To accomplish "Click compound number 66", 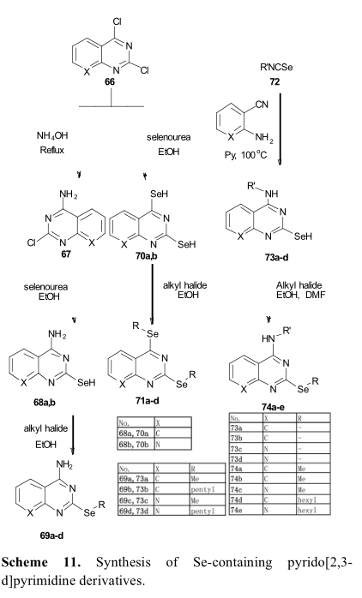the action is tap(110, 81).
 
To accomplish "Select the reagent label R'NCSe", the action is tap(276, 68).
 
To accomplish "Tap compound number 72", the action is tap(275, 81).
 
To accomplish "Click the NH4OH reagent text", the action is tap(52, 135).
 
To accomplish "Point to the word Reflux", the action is tap(52, 150).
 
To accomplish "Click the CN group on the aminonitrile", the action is tap(262, 104).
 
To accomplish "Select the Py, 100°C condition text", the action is tap(245, 155).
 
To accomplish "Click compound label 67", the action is tap(66, 254).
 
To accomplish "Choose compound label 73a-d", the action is tap(276, 257).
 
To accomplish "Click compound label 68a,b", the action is tap(45, 402).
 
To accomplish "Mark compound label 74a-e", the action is tap(274, 407).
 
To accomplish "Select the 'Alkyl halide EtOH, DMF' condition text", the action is tap(300, 290).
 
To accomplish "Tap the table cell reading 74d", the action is tap(246, 499).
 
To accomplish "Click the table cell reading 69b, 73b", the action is tap(136, 489).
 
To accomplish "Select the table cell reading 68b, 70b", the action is tap(136, 445).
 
